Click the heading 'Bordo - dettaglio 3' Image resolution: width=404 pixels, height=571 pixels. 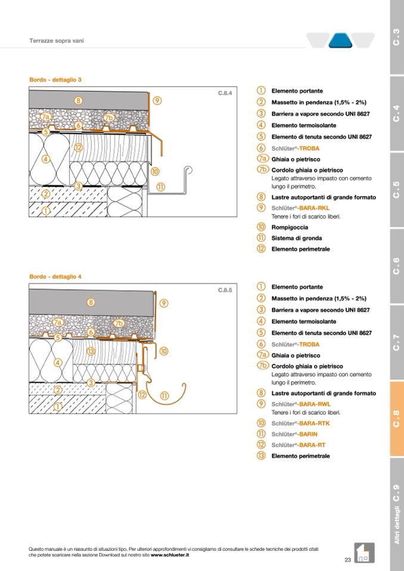pos(55,80)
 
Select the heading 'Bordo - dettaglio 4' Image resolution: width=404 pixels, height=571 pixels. pos(55,277)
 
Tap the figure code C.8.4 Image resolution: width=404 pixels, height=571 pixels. pos(224,93)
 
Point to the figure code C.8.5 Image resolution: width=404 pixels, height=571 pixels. pos(224,291)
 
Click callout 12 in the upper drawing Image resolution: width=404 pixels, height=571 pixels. pos(78,147)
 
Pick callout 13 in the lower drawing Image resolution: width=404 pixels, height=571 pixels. pos(91,351)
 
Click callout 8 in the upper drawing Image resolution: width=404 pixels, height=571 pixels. pos(79,101)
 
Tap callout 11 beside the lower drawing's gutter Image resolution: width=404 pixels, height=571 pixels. pos(164,395)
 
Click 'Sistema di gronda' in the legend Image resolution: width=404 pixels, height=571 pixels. pos(297,238)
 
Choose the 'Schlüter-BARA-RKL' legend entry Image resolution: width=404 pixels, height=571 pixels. pos(301,208)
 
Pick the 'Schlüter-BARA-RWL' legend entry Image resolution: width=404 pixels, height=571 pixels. pos(301,404)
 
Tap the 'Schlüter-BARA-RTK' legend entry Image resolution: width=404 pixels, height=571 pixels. pos(300,423)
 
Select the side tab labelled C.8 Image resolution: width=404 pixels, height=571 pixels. pos(397,419)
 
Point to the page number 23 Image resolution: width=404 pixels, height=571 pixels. pos(347,559)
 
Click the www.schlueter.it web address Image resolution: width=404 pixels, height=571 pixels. pos(170,555)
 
